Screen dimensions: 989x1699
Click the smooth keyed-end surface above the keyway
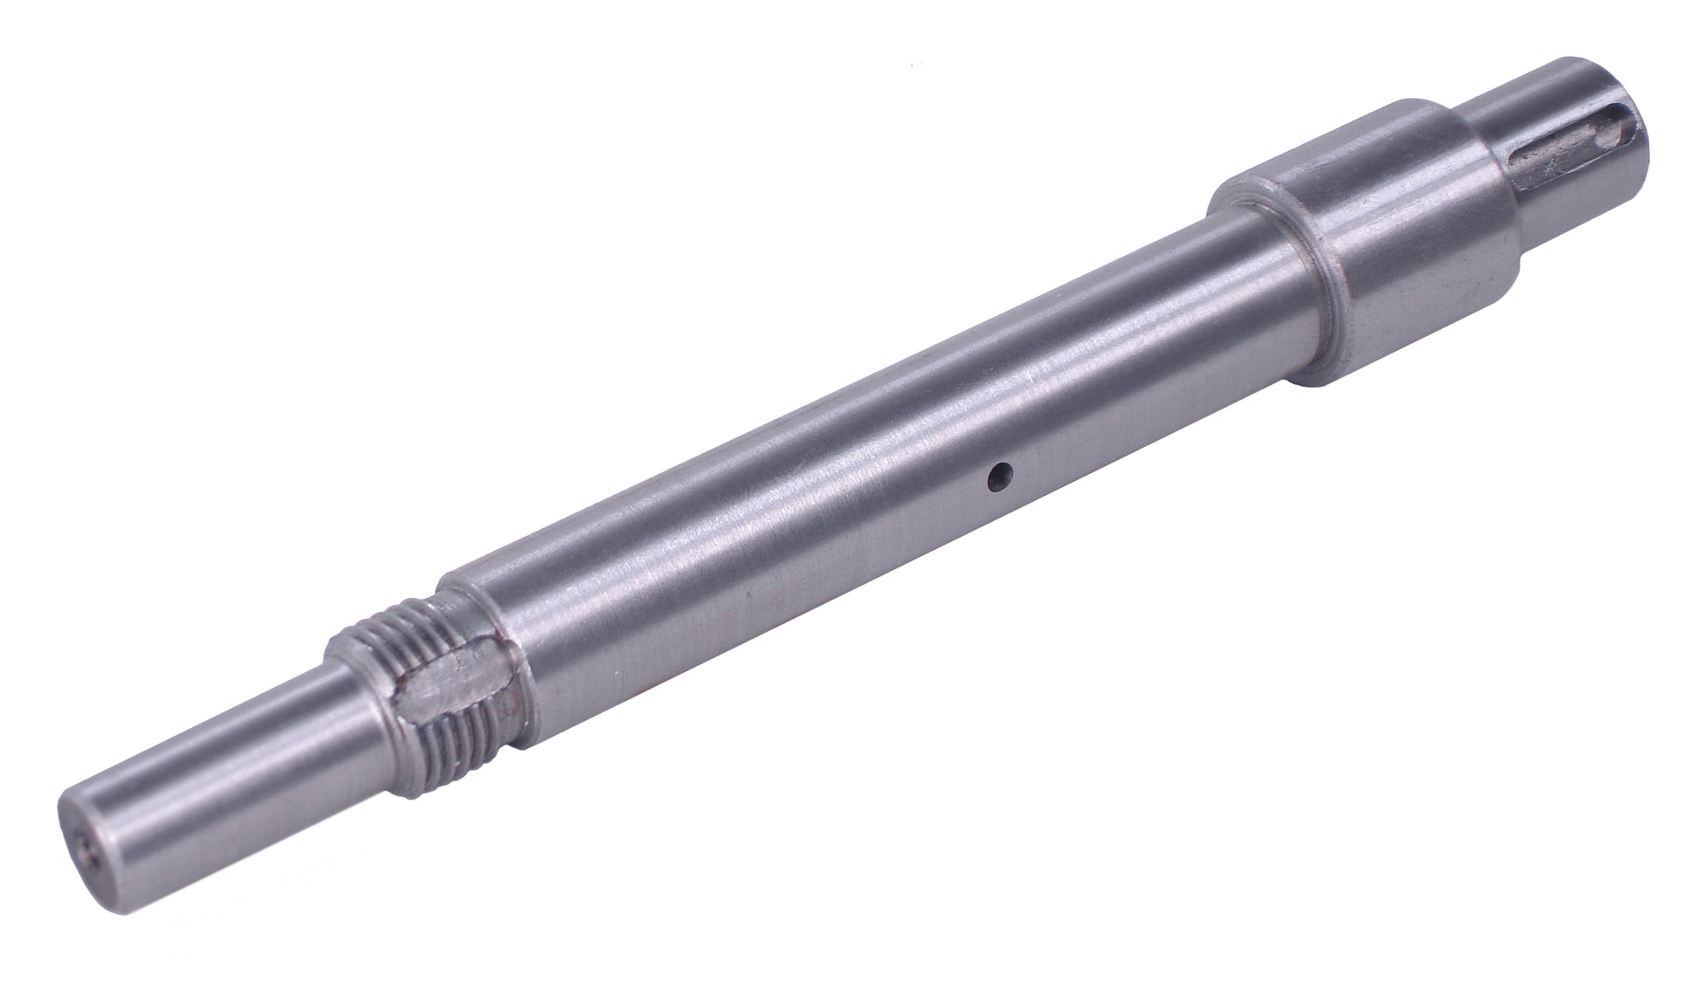pos(1362,122)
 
